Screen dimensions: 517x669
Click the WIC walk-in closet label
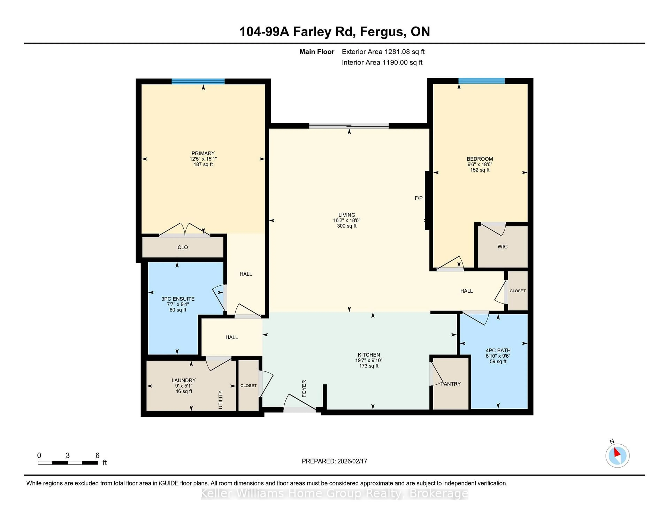click(x=502, y=246)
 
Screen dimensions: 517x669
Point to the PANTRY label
click(x=450, y=384)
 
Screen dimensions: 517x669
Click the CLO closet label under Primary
click(x=183, y=247)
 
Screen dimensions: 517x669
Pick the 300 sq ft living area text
click(x=347, y=226)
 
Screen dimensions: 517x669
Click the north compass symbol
click(x=617, y=456)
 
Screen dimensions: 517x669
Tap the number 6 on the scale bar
click(x=97, y=456)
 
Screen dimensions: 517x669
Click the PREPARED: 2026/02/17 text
click(x=334, y=461)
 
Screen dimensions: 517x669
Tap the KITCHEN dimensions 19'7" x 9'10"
click(x=369, y=360)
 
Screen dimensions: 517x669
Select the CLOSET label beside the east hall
click(x=517, y=291)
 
